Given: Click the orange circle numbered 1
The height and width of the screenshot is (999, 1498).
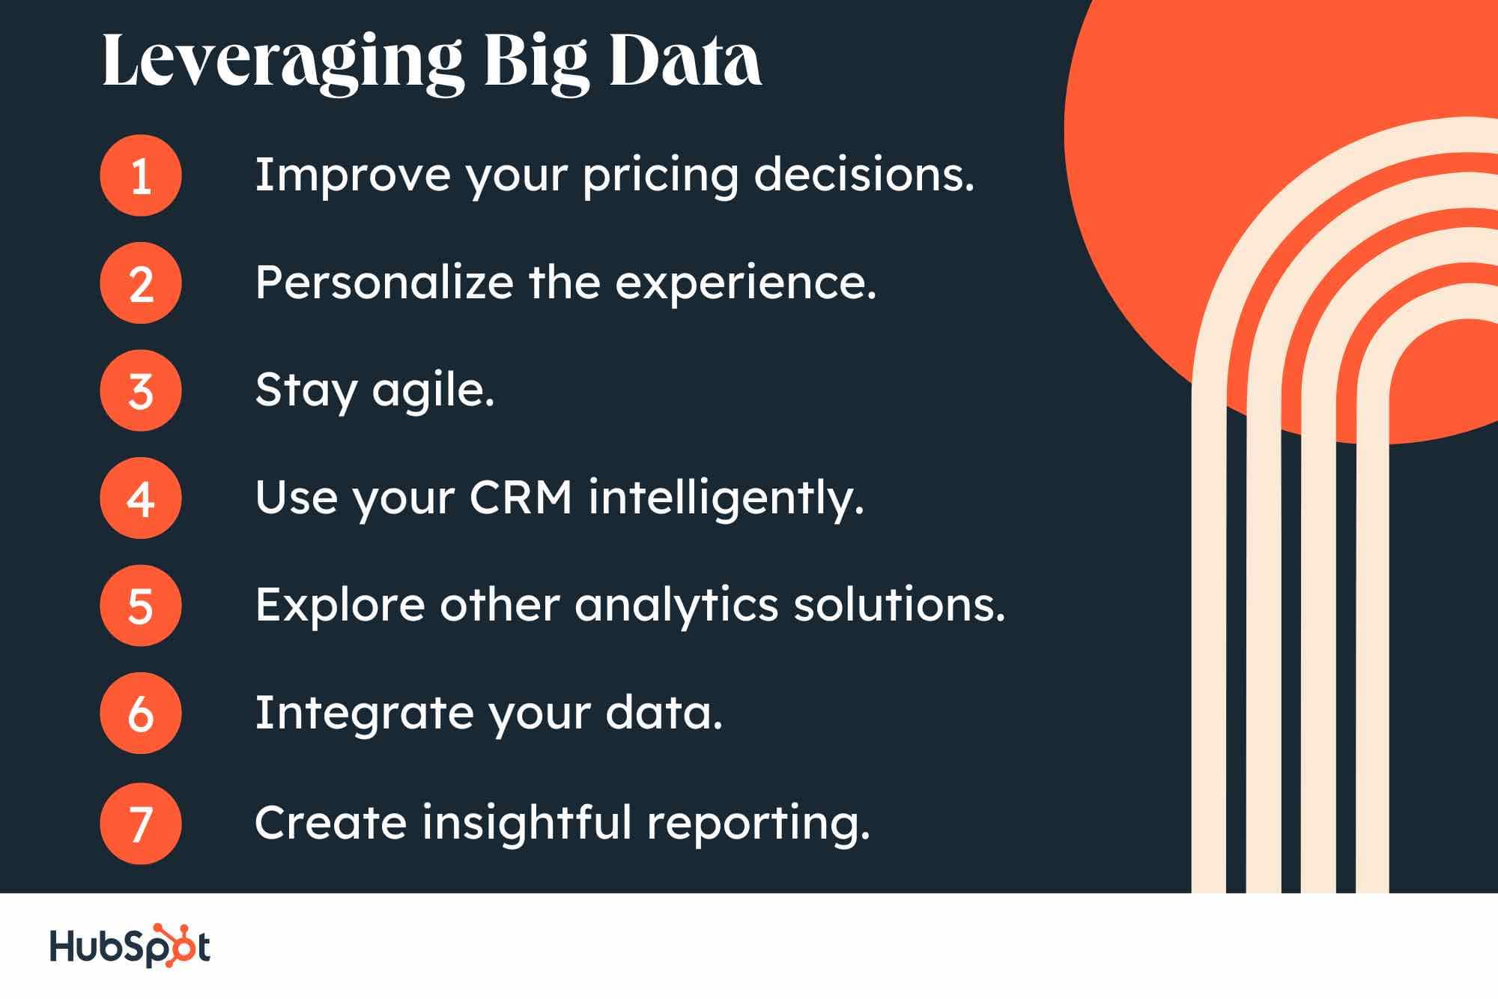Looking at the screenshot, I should [141, 175].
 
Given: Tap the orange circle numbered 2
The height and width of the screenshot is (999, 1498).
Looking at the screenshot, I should [141, 283].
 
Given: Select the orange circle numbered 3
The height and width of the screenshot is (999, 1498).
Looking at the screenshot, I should [141, 390].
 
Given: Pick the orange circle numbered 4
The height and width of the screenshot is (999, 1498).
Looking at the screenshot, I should [141, 498].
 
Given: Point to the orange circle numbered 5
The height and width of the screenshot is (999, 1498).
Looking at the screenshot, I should [141, 606].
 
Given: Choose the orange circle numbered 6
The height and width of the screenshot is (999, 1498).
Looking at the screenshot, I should [141, 713].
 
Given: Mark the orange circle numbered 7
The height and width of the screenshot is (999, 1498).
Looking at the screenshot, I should [141, 823].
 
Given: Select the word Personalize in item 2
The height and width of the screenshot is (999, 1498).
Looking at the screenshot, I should [384, 283].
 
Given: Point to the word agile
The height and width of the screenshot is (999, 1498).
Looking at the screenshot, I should [433, 392].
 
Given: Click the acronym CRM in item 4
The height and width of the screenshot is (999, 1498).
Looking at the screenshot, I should [521, 498].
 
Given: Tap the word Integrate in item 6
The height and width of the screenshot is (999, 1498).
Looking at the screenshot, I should [364, 713].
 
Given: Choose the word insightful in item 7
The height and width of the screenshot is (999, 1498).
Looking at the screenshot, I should [527, 822].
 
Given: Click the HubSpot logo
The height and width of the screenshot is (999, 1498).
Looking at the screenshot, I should [130, 946].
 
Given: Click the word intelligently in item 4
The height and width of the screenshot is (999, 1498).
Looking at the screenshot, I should [726, 498].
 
